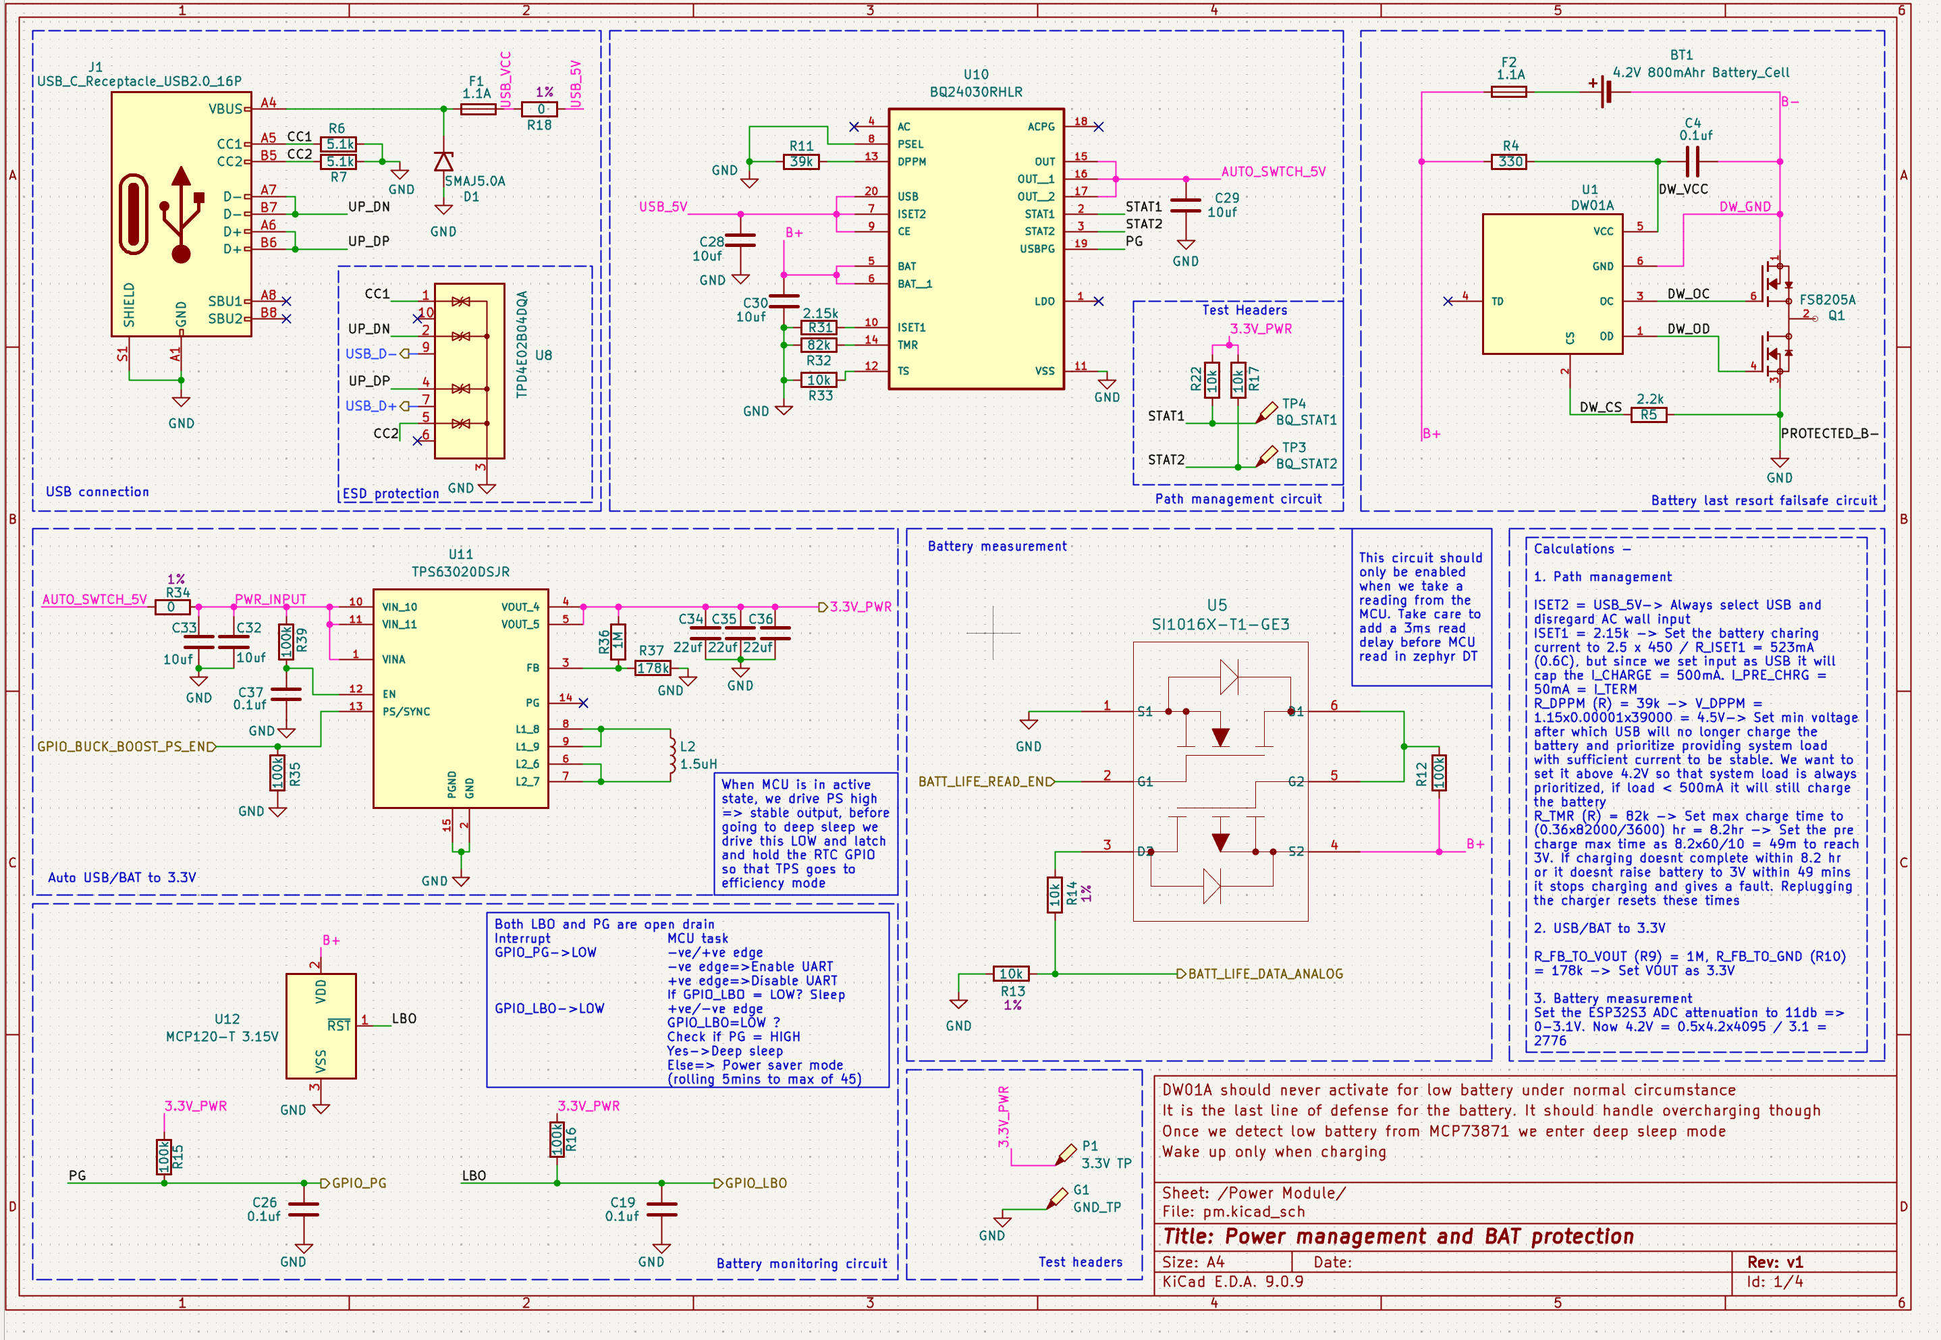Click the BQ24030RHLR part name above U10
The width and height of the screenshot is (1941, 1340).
pos(976,92)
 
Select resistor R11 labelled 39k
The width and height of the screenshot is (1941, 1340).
pos(801,161)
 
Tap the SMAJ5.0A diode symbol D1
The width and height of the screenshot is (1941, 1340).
pos(443,161)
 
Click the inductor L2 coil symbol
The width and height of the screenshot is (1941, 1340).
pos(672,755)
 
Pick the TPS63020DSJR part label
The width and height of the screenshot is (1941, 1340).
pos(460,571)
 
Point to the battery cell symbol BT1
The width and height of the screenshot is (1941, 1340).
pos(1604,92)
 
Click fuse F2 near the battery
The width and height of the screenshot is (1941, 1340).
pos(1508,92)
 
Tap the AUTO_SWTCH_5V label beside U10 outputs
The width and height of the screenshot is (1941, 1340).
pos(1274,171)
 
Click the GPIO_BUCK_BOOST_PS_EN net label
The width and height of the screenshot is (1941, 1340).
pos(126,746)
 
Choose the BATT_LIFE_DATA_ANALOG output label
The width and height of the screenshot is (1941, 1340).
pos(1265,974)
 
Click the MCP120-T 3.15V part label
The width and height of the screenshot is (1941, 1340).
pos(222,1037)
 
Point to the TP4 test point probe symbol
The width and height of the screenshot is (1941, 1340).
pos(1265,413)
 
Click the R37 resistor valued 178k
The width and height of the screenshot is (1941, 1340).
pos(653,669)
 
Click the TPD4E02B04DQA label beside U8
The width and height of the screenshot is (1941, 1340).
pos(522,344)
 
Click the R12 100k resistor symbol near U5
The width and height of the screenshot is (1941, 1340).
pos(1439,773)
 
